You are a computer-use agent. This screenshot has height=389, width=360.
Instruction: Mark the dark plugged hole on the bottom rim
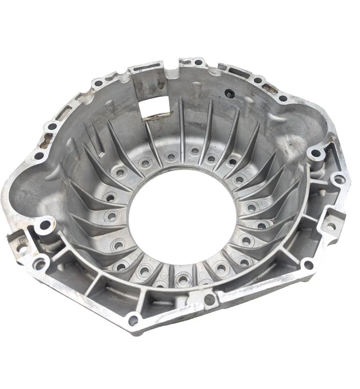pos(209,300)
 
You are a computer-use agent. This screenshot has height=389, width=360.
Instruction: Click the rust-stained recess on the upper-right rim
pos(269,88)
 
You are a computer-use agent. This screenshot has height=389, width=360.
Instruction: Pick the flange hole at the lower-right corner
pos(309,265)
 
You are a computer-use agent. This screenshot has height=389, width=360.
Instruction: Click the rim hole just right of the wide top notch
pos(198,63)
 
